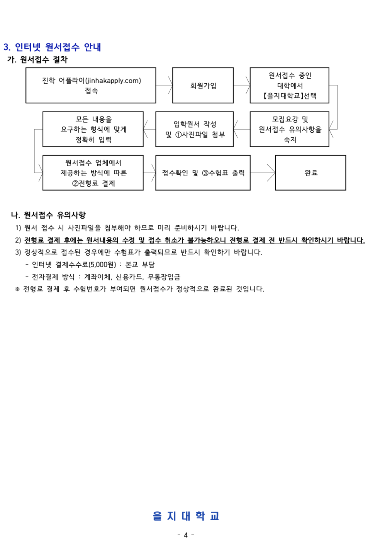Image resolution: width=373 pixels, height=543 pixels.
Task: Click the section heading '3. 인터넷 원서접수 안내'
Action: pyautogui.click(x=52, y=47)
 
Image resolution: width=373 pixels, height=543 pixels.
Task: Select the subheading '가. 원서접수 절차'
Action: pyautogui.click(x=37, y=60)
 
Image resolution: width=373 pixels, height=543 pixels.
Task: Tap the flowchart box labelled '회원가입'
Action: pyautogui.click(x=203, y=85)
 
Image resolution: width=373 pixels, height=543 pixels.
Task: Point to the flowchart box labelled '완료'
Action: pyautogui.click(x=310, y=173)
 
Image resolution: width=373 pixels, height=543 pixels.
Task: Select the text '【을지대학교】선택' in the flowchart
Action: pyautogui.click(x=290, y=96)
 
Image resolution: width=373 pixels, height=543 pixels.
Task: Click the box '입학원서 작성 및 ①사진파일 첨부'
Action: pyautogui.click(x=194, y=129)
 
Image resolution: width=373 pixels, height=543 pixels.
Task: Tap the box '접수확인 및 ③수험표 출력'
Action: pyautogui.click(x=203, y=173)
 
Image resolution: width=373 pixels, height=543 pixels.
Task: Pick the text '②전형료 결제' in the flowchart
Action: pyautogui.click(x=93, y=183)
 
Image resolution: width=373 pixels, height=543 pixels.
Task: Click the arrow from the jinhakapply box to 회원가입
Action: pyautogui.click(x=164, y=85)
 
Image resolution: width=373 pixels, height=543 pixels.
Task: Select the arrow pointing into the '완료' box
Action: pyautogui.click(x=263, y=173)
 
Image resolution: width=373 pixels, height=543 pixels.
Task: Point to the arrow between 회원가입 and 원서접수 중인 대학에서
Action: pyautogui.click(x=242, y=85)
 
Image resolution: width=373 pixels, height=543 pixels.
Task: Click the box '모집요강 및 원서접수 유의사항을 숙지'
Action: pyautogui.click(x=290, y=129)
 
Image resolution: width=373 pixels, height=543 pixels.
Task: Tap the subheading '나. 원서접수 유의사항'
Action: pyautogui.click(x=49, y=215)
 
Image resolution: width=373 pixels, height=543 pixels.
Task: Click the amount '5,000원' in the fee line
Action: pyautogui.click(x=102, y=265)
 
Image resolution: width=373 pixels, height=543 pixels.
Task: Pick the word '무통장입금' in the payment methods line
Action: pyautogui.click(x=164, y=277)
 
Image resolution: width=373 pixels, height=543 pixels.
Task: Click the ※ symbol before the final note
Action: pyautogui.click(x=17, y=289)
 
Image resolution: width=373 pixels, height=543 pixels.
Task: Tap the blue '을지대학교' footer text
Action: pyautogui.click(x=186, y=516)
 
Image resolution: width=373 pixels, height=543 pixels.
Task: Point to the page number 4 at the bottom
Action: pyautogui.click(x=186, y=535)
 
